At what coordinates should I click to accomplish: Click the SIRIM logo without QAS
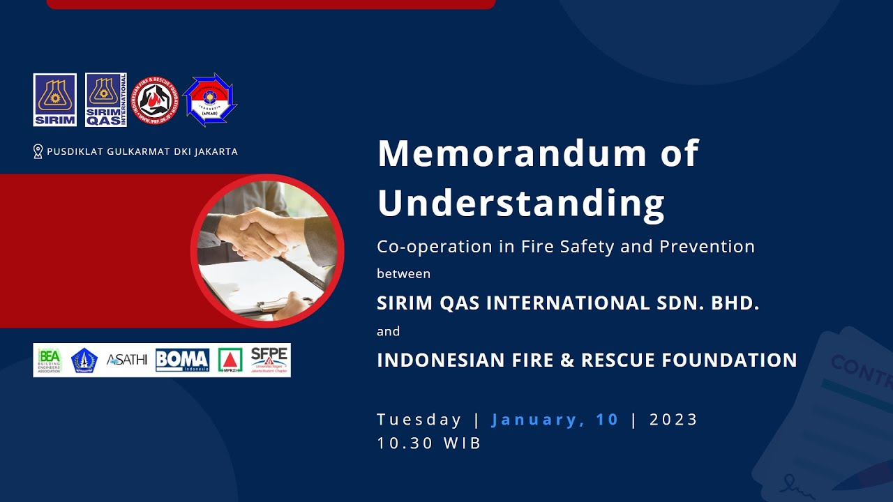click(x=54, y=100)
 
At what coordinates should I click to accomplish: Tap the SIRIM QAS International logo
click(x=106, y=100)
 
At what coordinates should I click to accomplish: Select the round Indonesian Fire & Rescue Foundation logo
click(x=155, y=100)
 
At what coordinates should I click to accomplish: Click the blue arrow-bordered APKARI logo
click(x=210, y=100)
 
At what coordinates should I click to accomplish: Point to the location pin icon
click(x=38, y=151)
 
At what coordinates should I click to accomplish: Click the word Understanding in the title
click(x=520, y=203)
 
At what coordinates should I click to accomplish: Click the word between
click(x=403, y=274)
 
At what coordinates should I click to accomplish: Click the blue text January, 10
click(x=555, y=420)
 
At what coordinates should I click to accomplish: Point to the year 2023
click(x=673, y=420)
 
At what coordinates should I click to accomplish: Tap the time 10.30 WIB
click(x=429, y=443)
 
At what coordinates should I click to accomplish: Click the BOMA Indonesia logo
click(x=182, y=360)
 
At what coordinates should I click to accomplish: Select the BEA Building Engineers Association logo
click(x=50, y=360)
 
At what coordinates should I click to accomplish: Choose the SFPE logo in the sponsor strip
click(x=269, y=360)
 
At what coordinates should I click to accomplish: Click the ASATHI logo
click(x=126, y=360)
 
